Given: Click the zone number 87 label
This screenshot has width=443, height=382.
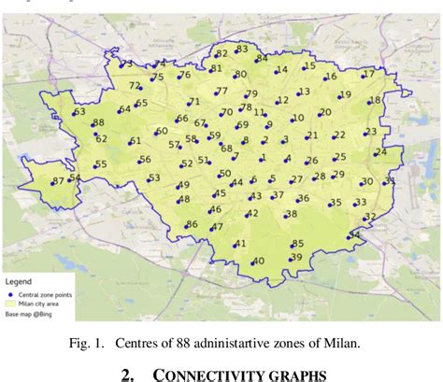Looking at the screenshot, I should pyautogui.click(x=58, y=180).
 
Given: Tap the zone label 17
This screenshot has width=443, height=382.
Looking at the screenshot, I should pyautogui.click(x=368, y=73).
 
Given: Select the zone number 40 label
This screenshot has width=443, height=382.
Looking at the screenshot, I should pyautogui.click(x=258, y=261).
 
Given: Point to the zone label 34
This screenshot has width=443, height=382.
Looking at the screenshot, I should pyautogui.click(x=354, y=234).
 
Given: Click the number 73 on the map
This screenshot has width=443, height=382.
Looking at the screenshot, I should pyautogui.click(x=126, y=64).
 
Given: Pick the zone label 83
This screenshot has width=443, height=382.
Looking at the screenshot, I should pyautogui.click(x=242, y=49).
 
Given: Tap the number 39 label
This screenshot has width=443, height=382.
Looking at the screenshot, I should pyautogui.click(x=296, y=257).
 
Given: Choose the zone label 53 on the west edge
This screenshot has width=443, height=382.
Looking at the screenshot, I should pyautogui.click(x=79, y=112).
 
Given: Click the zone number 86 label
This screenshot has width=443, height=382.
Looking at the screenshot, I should pyautogui.click(x=192, y=224).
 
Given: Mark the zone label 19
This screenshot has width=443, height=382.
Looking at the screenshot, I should pyautogui.click(x=345, y=94).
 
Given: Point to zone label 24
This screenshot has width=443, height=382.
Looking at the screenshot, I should pyautogui.click(x=380, y=151).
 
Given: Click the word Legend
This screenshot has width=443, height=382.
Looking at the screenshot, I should pyautogui.click(x=19, y=280).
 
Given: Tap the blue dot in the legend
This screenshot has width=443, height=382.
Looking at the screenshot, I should pyautogui.click(x=11, y=292).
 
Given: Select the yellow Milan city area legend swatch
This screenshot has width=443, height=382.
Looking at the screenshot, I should pyautogui.click(x=11, y=304).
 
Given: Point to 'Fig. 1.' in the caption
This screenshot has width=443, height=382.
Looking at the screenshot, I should pyautogui.click(x=88, y=342).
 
